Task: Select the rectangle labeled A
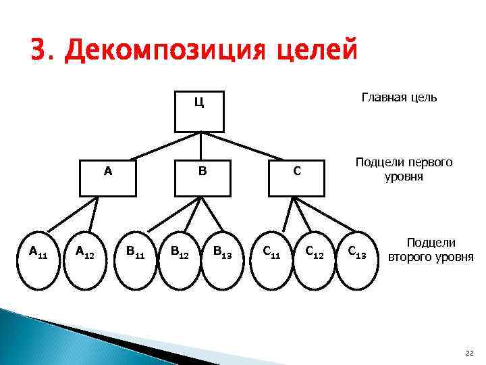tap(108, 178)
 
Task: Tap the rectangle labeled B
tap(201, 178)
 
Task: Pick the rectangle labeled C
tap(294, 178)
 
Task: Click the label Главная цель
tap(399, 98)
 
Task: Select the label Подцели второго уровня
tap(431, 249)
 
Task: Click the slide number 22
tap(470, 353)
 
